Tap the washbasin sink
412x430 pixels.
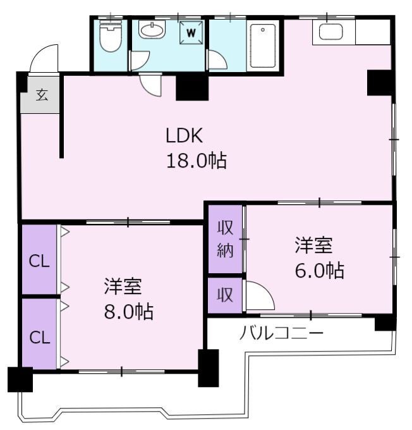tap(152, 29)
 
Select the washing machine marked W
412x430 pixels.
tap(191, 33)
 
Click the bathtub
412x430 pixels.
tap(263, 46)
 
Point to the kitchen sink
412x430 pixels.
tap(330, 32)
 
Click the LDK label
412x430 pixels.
tap(185, 135)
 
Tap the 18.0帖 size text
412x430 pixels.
tap(197, 161)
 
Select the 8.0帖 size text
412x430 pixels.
tap(128, 312)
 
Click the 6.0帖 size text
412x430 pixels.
tap(320, 271)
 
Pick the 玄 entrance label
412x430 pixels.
tap(42, 95)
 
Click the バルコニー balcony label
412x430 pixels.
tap(281, 334)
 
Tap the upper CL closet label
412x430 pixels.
tap(39, 261)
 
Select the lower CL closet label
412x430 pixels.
tap(39, 337)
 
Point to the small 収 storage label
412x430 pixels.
tap(225, 295)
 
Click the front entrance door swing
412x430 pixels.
tap(44, 58)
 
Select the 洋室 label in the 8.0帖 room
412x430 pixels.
tap(123, 286)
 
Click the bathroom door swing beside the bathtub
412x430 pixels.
tap(218, 59)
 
